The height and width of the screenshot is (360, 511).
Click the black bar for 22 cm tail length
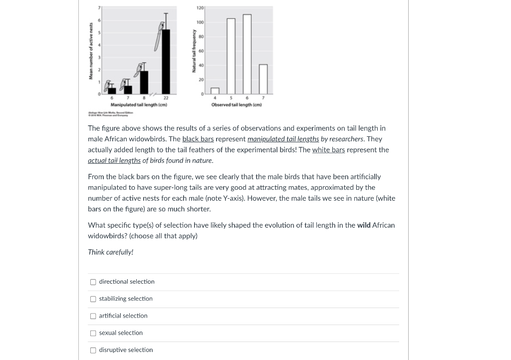point(166,61)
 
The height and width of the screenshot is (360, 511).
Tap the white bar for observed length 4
point(215,91)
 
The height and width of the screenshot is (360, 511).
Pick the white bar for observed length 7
point(263,79)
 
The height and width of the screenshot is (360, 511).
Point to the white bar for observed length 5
point(231,56)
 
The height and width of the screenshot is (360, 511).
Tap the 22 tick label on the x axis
point(166,98)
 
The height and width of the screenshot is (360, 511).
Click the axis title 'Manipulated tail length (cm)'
point(138,105)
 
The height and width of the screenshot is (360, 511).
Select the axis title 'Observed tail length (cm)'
point(237,105)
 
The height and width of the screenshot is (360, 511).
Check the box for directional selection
point(93,282)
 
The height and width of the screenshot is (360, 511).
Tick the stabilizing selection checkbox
point(93,299)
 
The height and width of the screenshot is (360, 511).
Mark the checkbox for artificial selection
point(93,316)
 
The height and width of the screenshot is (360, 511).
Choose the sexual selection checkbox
point(93,333)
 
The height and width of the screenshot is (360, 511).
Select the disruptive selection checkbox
point(93,350)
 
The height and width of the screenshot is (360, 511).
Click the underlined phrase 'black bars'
point(198,139)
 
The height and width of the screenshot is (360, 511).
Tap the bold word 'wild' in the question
point(364,225)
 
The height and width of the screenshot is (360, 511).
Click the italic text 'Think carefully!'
point(110,252)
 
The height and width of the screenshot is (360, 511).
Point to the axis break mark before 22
point(155,94)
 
